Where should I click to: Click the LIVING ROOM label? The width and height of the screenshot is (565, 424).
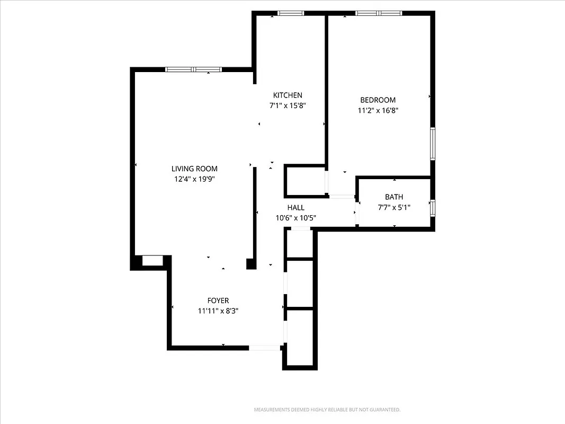point(194,169)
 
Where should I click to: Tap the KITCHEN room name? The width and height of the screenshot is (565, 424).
point(288,95)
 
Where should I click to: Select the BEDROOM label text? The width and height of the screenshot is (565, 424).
point(378,100)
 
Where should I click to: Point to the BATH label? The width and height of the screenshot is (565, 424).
point(394,197)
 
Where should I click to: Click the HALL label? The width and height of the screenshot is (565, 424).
point(296,208)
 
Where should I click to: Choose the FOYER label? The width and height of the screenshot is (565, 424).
point(218,301)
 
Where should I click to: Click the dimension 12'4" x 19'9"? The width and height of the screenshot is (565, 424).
point(194,179)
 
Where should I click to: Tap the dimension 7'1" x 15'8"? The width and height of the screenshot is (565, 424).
point(288,105)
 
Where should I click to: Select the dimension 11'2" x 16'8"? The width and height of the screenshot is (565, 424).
point(378,111)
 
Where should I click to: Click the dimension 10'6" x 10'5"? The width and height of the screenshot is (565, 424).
point(296,218)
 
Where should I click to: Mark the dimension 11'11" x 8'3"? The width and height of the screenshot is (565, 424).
point(218,311)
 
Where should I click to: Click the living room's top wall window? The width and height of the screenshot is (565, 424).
point(193,69)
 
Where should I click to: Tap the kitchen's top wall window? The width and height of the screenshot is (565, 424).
point(291,13)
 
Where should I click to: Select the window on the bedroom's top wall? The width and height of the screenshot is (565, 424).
point(379,13)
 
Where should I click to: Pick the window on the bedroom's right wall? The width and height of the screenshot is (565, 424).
point(433,144)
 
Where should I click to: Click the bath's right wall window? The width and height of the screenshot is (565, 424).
point(433,208)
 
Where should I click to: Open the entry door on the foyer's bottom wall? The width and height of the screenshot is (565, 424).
point(265,348)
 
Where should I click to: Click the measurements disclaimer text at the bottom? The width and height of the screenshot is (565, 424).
point(327,410)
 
